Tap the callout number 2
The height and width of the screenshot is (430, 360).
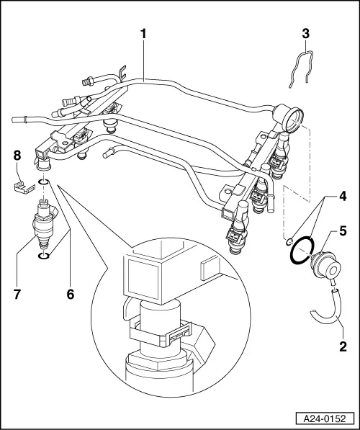[343, 345]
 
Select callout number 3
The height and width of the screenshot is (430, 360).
[305, 33]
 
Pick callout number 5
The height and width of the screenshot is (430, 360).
[343, 232]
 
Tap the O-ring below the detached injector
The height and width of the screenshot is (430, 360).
[44, 255]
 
